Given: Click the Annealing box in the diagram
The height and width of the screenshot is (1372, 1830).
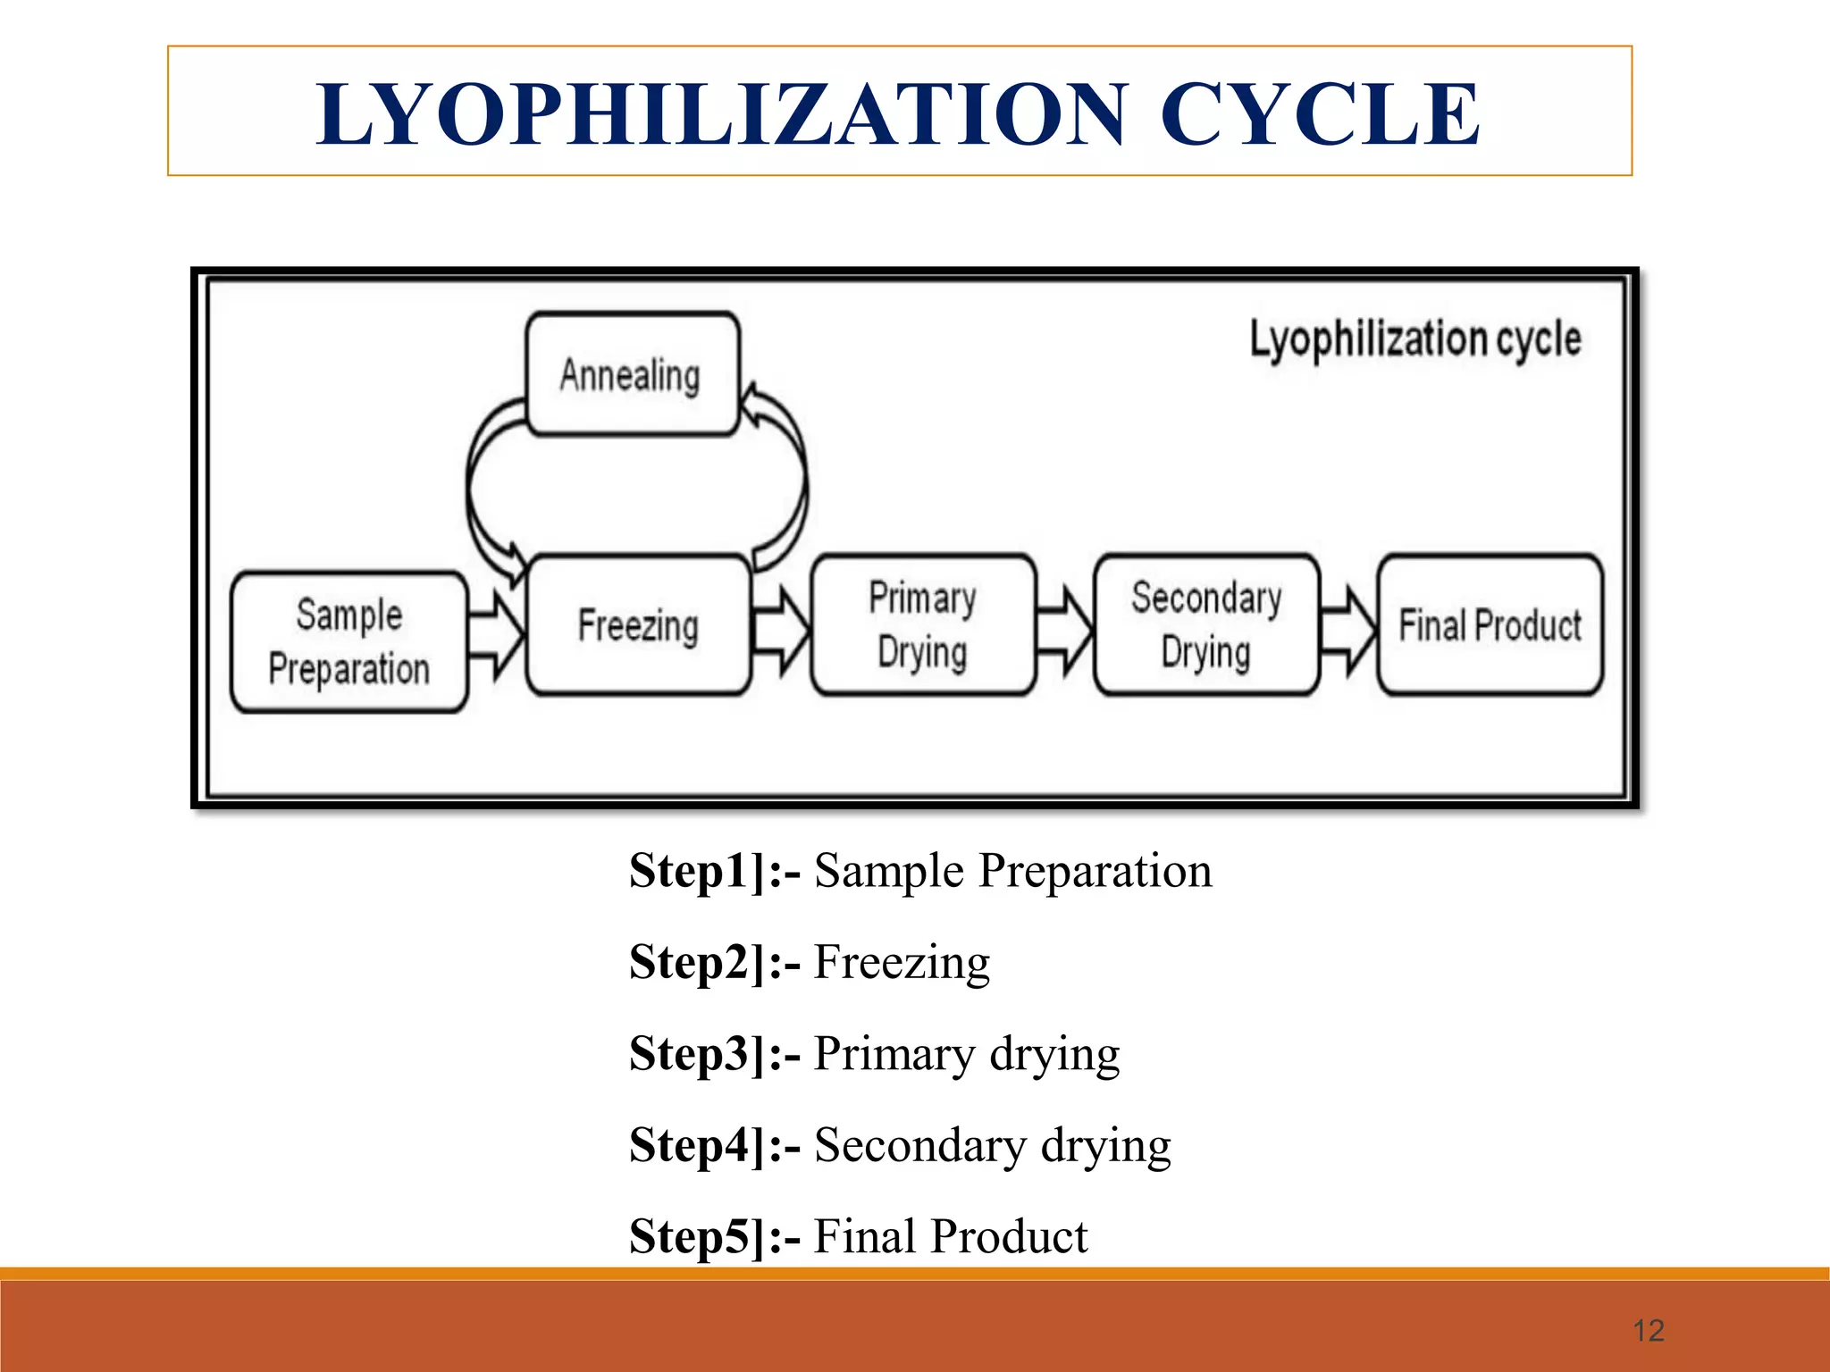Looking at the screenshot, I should [x=632, y=374].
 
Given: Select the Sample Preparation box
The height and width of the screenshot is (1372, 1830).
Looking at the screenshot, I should [x=348, y=641].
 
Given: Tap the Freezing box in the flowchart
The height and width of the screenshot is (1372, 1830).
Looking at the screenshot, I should [x=638, y=624].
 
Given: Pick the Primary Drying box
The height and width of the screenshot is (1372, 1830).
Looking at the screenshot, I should [x=923, y=624].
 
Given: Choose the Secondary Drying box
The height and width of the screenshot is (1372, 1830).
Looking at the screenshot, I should [x=1206, y=624].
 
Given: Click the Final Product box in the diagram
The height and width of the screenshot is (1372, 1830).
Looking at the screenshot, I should [x=1490, y=624].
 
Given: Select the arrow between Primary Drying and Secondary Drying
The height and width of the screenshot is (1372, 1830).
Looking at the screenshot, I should [x=1064, y=632].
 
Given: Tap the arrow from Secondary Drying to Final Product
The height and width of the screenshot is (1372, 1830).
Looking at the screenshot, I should [x=1348, y=632].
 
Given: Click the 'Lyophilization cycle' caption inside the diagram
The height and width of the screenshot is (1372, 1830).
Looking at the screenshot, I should [x=1415, y=340].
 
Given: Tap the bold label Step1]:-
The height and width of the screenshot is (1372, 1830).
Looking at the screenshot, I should [x=715, y=871].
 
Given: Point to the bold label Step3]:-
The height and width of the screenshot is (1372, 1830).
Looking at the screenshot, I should [x=715, y=1054].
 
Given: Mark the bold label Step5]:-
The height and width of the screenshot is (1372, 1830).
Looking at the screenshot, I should [x=715, y=1237].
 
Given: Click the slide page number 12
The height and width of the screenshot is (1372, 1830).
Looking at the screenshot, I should [x=1648, y=1330].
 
